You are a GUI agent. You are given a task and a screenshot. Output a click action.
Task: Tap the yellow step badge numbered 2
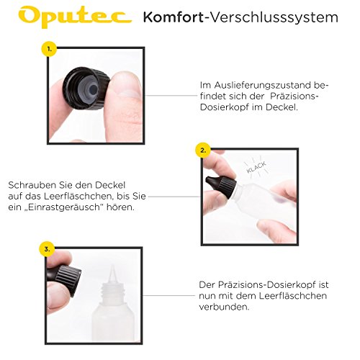(x=203, y=151)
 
